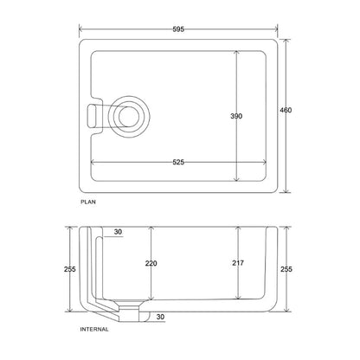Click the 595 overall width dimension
coord(178,29)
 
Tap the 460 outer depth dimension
coord(286,110)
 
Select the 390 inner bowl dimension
coord(236,116)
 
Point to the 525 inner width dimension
coord(178,162)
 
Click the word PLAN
coord(88,202)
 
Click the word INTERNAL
coord(94,329)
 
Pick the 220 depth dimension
coord(151,263)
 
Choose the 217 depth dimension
coord(238,263)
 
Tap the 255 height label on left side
coord(70,269)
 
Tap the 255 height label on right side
coord(286,269)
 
